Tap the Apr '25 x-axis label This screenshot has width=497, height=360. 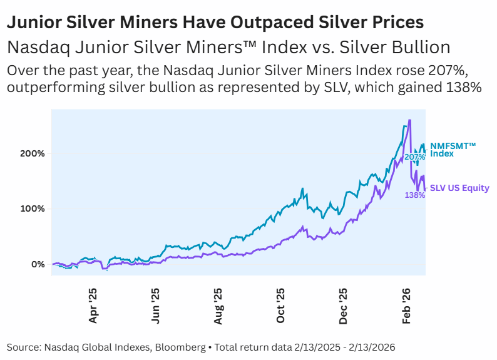pos(93,306)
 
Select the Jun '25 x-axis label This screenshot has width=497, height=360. pos(156,306)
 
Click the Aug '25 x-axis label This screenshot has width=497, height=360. pos(218,306)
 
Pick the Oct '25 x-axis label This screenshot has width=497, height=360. pos(281,306)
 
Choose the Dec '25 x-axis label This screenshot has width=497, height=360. pos(344,306)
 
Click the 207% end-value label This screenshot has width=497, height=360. pos(414,157)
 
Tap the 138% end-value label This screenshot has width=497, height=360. pos(415,195)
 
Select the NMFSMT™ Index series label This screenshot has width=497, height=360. pos(453,150)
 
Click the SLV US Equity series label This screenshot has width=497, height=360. pos(459,188)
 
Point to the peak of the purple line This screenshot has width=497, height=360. pos(409,120)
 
